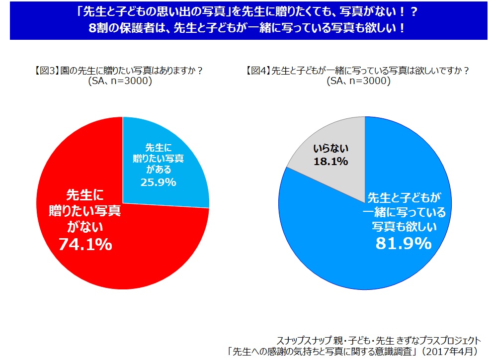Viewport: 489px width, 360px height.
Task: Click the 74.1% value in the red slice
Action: tap(85, 244)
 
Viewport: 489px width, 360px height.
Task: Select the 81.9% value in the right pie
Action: tap(404, 243)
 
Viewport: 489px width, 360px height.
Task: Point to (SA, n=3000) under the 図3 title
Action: tap(119, 82)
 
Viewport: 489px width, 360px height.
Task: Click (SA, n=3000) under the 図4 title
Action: tap(358, 82)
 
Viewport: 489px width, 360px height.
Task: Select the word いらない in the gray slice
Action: tap(331, 148)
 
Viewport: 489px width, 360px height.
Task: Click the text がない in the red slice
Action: tap(85, 227)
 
